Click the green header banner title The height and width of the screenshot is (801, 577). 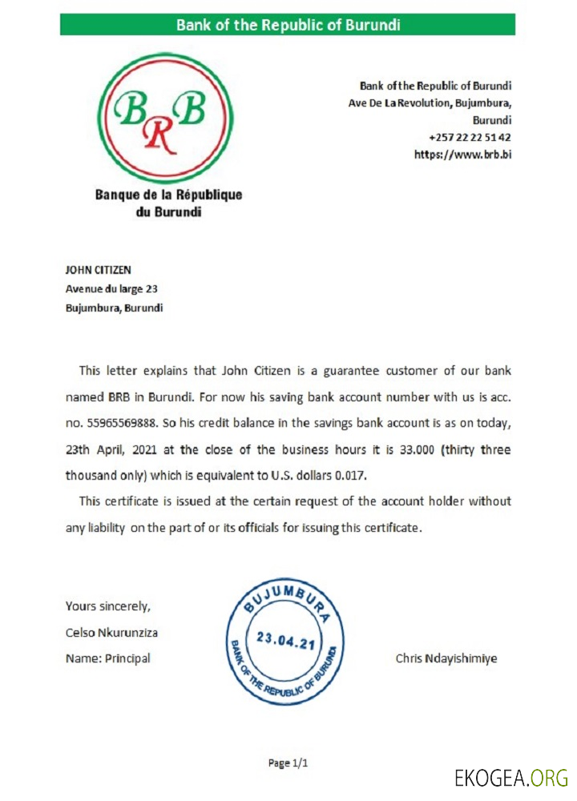tap(288, 25)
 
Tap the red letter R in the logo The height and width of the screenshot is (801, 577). tap(159, 137)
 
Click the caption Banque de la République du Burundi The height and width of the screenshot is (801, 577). tap(168, 203)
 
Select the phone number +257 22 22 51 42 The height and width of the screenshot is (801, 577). tap(470, 137)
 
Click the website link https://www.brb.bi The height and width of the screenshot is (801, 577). tap(462, 155)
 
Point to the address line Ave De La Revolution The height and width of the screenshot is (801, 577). tap(430, 103)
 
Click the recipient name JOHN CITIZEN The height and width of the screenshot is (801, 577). tap(98, 270)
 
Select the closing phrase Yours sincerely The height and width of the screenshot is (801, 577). tap(107, 606)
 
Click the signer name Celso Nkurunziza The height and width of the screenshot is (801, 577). tap(111, 632)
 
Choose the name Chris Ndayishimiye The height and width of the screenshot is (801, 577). tap(446, 658)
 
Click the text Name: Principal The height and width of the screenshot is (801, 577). tap(107, 658)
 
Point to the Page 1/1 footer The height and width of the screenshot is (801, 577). tap(288, 763)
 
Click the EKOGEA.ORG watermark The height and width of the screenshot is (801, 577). tap(510, 777)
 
